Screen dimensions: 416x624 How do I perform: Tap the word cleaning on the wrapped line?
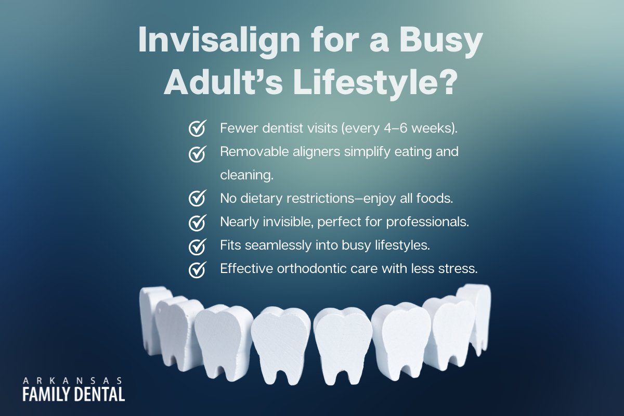click(246, 175)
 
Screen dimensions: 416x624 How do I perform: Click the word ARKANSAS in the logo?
click(73, 380)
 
